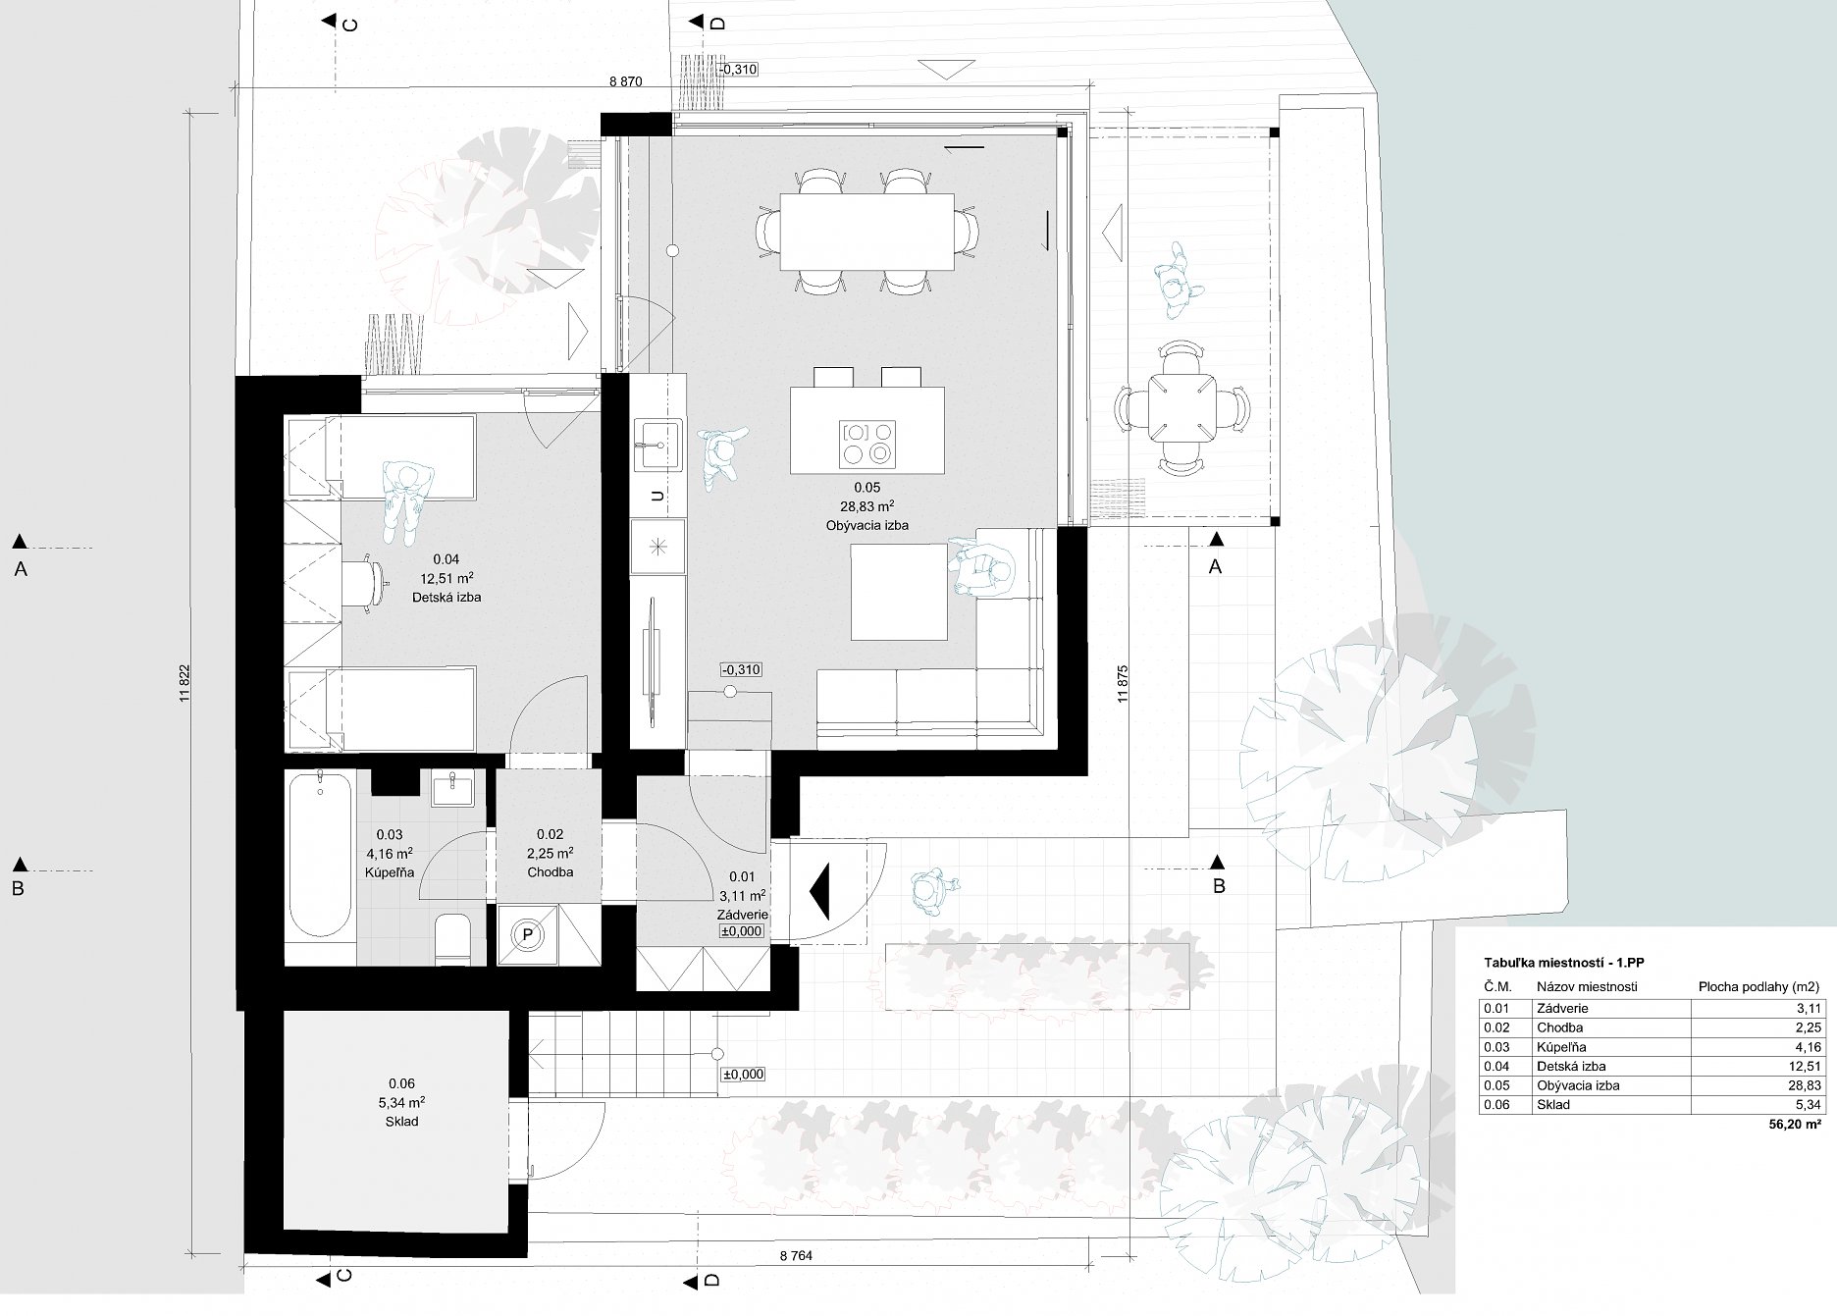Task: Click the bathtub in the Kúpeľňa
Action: click(x=320, y=855)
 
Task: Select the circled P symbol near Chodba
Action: click(x=527, y=934)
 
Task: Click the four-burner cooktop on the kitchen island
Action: click(x=867, y=442)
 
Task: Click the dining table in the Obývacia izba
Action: click(x=866, y=232)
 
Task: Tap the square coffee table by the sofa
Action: click(x=898, y=592)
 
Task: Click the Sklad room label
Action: click(x=401, y=1121)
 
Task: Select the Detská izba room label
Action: click(x=446, y=597)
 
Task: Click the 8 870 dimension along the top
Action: click(x=625, y=81)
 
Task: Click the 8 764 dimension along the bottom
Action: click(x=796, y=1283)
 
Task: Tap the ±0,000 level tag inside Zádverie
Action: click(x=742, y=931)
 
